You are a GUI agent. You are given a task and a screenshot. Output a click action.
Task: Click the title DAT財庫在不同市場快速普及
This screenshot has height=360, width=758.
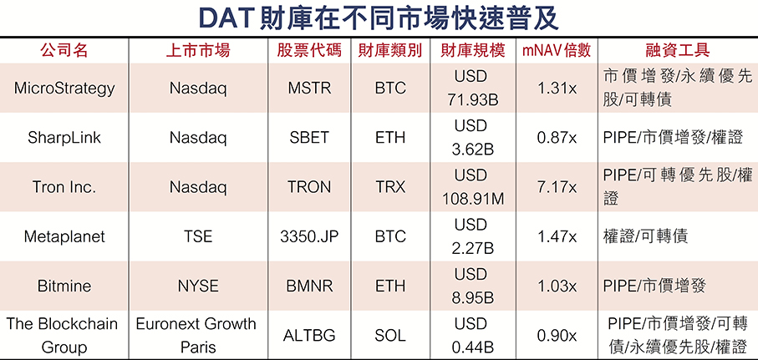pyautogui.click(x=379, y=18)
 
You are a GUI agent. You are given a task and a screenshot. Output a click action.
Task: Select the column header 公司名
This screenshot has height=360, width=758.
pyautogui.click(x=64, y=51)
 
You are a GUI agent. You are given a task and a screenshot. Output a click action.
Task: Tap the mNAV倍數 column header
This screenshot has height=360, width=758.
pyautogui.click(x=557, y=51)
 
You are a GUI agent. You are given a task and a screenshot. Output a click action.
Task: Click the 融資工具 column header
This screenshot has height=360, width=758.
pyautogui.click(x=677, y=51)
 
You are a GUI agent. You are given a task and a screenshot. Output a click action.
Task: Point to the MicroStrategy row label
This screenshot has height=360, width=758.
pyautogui.click(x=64, y=89)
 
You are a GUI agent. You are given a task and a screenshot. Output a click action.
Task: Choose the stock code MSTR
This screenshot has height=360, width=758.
pyautogui.click(x=309, y=89)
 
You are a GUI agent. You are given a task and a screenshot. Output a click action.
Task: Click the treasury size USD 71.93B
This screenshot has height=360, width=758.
pyautogui.click(x=472, y=89)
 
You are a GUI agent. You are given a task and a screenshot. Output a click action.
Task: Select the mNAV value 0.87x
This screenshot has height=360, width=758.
pyautogui.click(x=557, y=138)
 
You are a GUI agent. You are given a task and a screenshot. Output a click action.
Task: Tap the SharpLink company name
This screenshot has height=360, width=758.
pyautogui.click(x=64, y=138)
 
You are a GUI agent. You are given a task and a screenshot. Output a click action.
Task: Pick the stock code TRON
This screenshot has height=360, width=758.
pyautogui.click(x=309, y=187)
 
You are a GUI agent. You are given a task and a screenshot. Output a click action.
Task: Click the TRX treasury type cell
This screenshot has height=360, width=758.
pyautogui.click(x=390, y=187)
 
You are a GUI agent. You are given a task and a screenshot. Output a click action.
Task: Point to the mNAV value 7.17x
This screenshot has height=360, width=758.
pyautogui.click(x=557, y=187)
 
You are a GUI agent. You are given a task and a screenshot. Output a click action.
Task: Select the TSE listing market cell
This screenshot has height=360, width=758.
pyautogui.click(x=198, y=236)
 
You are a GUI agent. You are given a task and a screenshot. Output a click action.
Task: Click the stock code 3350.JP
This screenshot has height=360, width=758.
pyautogui.click(x=309, y=236)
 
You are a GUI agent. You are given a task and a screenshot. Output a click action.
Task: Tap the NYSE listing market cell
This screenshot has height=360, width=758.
pyautogui.click(x=198, y=286)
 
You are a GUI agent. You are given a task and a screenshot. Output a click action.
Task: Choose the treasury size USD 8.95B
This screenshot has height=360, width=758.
pyautogui.click(x=472, y=286)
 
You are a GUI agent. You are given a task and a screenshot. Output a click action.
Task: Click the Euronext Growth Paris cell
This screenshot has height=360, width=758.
pyautogui.click(x=196, y=335)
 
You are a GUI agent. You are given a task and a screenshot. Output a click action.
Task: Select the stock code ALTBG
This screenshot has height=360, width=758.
pyautogui.click(x=309, y=335)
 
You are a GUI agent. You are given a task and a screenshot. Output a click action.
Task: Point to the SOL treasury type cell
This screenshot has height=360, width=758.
pyautogui.click(x=390, y=335)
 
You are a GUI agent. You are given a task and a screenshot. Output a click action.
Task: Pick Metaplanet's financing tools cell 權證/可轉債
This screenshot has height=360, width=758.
pyautogui.click(x=645, y=236)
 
